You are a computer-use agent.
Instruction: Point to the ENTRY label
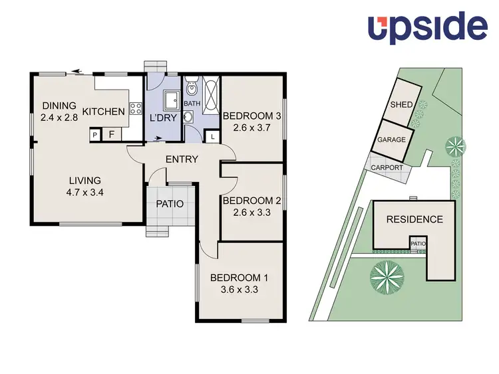tap(182, 159)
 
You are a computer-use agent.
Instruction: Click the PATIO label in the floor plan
tap(170, 204)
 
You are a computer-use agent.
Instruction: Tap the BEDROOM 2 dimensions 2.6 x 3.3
tap(248, 213)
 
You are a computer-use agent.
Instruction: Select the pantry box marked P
tap(95, 135)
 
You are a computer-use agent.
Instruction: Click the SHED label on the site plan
tap(402, 104)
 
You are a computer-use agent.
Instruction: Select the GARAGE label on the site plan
tap(392, 141)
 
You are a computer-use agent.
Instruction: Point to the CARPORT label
tap(387, 167)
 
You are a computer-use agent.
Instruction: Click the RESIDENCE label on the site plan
tap(415, 219)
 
